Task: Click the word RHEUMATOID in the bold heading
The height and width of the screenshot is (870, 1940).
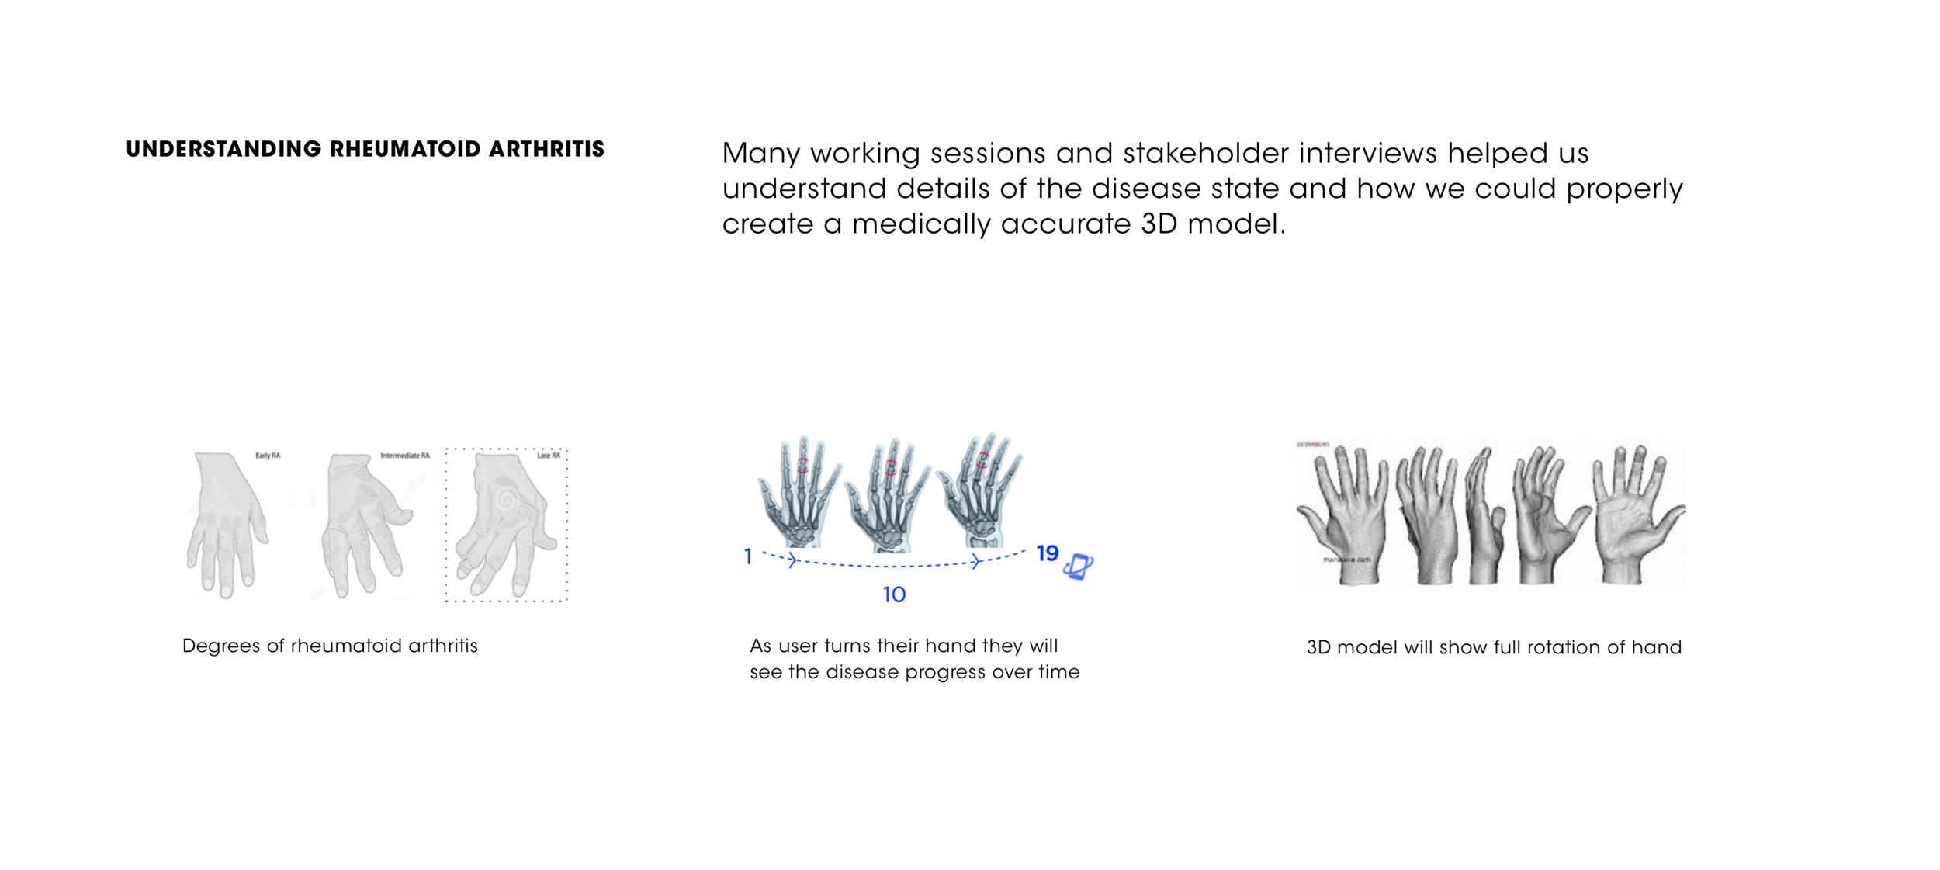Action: pyautogui.click(x=405, y=149)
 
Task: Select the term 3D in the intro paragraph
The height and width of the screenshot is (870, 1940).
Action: pyautogui.click(x=1159, y=224)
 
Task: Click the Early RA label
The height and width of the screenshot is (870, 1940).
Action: pyautogui.click(x=268, y=456)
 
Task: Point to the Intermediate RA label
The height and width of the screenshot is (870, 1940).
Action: pyautogui.click(x=404, y=456)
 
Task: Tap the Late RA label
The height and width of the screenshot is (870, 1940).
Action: pyautogui.click(x=549, y=456)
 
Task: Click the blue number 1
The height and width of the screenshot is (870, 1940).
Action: pyautogui.click(x=747, y=556)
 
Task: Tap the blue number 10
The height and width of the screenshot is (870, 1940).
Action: pyautogui.click(x=894, y=594)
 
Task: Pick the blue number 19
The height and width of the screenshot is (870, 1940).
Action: pyautogui.click(x=1047, y=553)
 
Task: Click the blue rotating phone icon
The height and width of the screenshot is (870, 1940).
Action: pyautogui.click(x=1078, y=566)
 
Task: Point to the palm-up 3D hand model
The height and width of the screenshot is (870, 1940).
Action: pyautogui.click(x=1633, y=516)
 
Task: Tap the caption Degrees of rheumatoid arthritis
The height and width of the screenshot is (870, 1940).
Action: pyautogui.click(x=330, y=646)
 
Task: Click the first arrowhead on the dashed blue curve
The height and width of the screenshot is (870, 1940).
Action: pyautogui.click(x=792, y=560)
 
